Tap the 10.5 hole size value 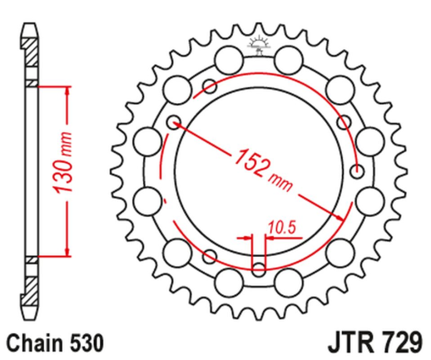pos(281,224)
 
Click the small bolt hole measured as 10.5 pos(258,268)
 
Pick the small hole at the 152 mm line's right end pos(357,172)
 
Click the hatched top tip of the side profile pos(31,46)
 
